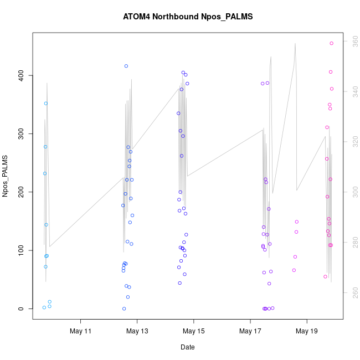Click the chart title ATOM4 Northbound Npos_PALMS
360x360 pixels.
click(x=188, y=17)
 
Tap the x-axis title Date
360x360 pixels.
click(x=187, y=347)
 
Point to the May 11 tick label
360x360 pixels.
click(x=81, y=332)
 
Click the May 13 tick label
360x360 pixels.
click(x=137, y=332)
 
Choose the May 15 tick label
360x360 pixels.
click(x=194, y=332)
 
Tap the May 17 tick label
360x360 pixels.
click(x=250, y=332)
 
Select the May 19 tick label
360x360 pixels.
click(x=307, y=332)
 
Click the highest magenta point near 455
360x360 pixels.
click(x=332, y=43)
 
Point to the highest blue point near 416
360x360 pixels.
click(x=126, y=66)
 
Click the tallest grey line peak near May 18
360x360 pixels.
click(x=295, y=44)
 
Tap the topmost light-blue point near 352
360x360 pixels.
click(x=46, y=104)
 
